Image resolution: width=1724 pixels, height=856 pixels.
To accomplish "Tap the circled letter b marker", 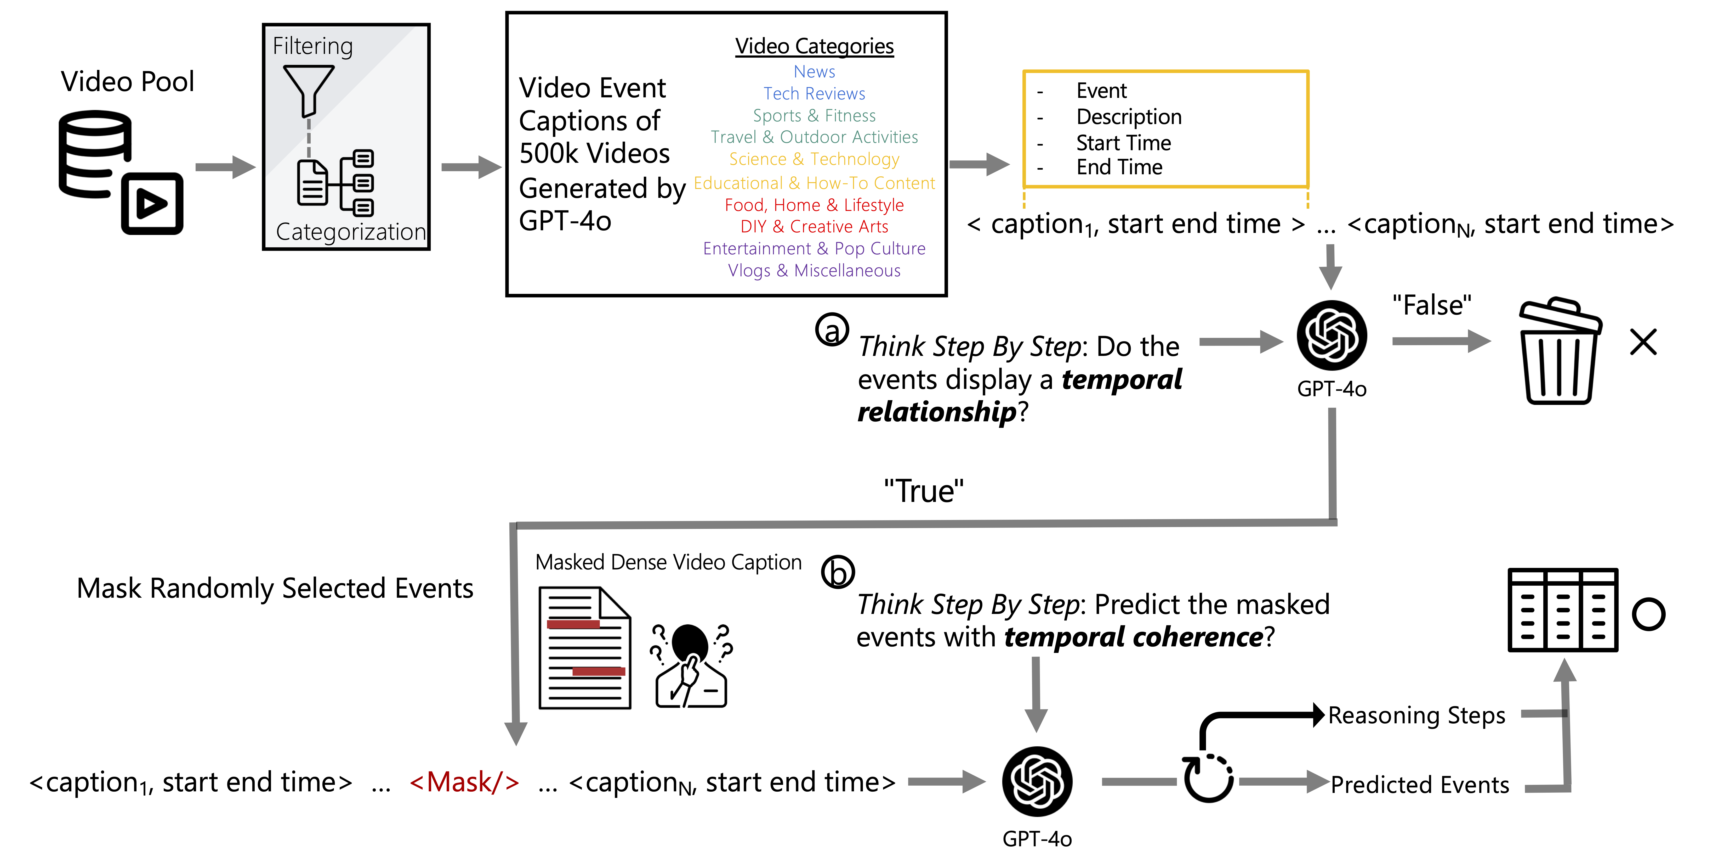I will tap(838, 571).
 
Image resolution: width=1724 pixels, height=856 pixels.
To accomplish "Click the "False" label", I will tap(1432, 305).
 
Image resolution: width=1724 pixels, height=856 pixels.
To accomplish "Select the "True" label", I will tap(924, 491).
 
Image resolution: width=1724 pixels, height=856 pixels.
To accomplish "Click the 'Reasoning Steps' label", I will tap(1416, 715).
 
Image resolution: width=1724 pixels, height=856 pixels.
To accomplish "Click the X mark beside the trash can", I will tap(1643, 342).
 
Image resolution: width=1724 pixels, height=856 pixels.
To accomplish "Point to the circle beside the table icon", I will tap(1648, 614).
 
